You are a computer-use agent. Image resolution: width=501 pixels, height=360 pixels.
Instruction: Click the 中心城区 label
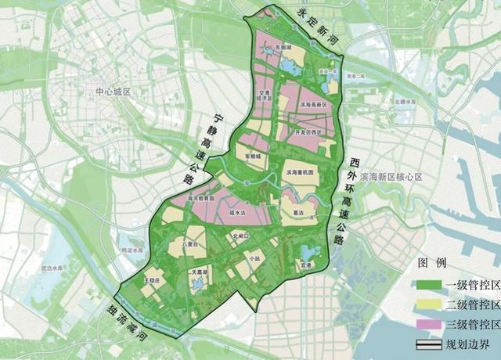click(111, 92)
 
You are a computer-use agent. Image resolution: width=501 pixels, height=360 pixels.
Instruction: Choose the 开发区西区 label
click(308, 132)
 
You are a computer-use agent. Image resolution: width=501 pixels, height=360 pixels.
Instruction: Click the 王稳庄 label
click(152, 278)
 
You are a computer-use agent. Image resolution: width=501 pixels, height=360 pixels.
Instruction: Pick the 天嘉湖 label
click(200, 272)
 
